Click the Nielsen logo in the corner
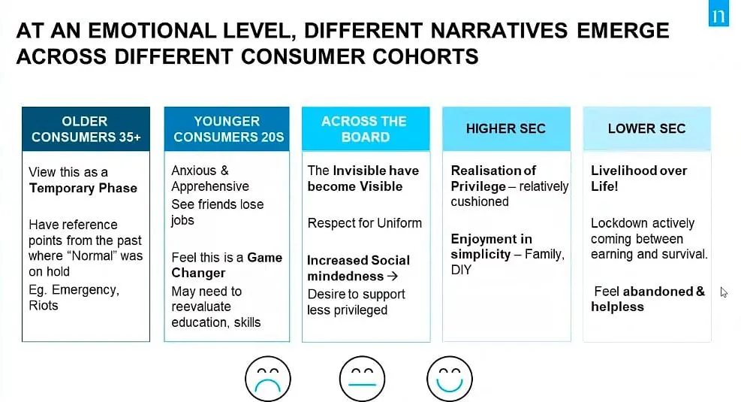pos(718,14)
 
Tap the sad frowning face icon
pos(267,379)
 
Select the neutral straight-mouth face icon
pos(362,379)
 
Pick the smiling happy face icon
pos(450,379)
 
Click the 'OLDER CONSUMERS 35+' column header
pos(86,129)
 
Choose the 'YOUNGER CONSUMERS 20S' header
pos(227,129)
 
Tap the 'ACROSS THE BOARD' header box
pos(366,129)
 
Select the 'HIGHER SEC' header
pos(506,129)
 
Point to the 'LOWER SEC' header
pos(647,129)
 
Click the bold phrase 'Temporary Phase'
pos(83,189)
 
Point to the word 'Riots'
pos(44,306)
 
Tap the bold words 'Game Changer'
pos(227,265)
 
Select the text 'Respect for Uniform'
pos(364,223)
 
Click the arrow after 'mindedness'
pos(392,277)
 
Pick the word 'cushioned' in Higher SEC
pos(480,202)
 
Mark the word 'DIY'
pos(461,270)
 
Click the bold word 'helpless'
pos(617,307)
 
